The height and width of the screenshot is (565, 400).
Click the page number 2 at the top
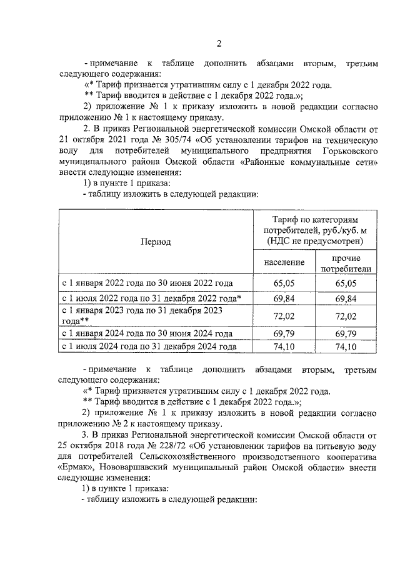[x=218, y=43]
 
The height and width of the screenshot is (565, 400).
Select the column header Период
[x=156, y=242]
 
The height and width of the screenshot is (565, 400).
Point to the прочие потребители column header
[x=346, y=263]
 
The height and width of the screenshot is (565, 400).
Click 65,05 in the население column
[x=284, y=283]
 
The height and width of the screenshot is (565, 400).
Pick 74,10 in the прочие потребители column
[x=346, y=346]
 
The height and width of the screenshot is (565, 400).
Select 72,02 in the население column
[x=284, y=316]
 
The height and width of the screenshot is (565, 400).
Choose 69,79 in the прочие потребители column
[x=346, y=333]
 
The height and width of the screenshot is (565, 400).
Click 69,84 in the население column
[x=284, y=298]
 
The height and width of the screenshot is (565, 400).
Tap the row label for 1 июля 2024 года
[x=149, y=346]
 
